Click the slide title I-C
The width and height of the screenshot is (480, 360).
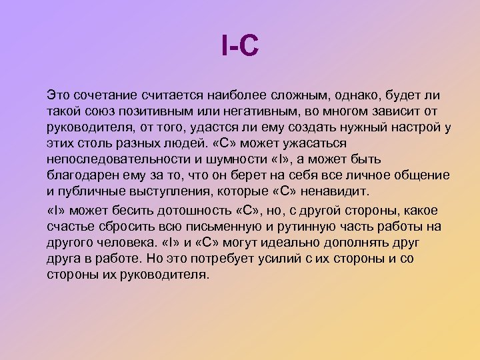239,48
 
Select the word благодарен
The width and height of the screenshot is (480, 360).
83,175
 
